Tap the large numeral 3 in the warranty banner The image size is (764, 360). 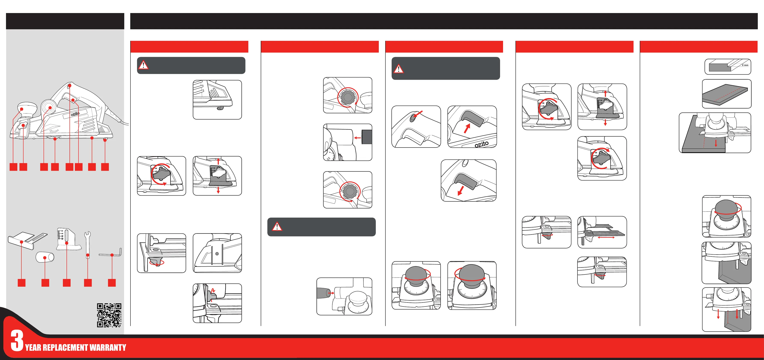17,340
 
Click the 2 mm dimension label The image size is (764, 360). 745,65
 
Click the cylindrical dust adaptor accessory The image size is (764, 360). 45,257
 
